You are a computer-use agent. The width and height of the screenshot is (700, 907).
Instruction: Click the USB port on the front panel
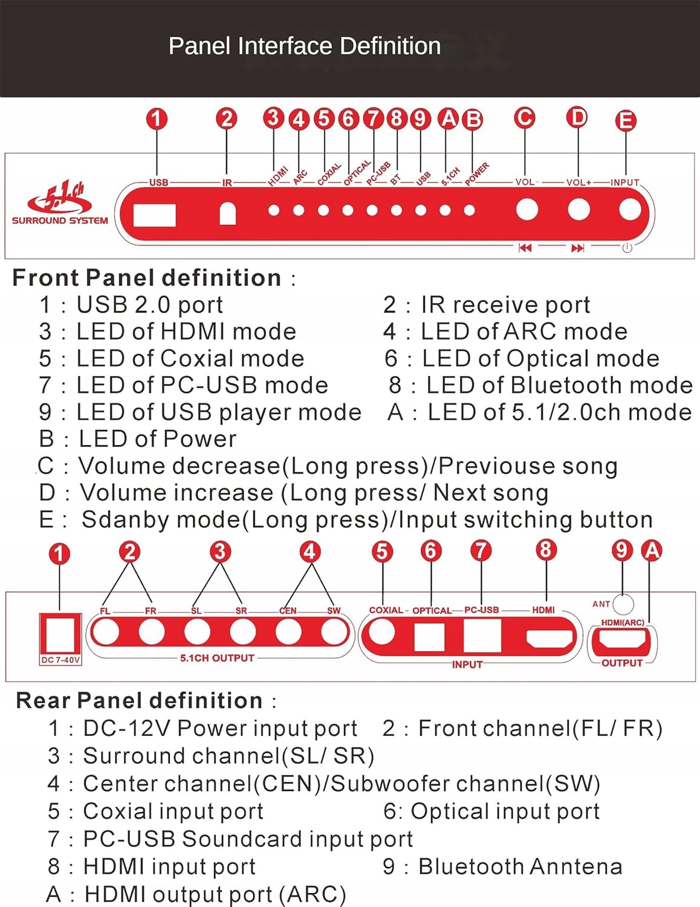tap(154, 215)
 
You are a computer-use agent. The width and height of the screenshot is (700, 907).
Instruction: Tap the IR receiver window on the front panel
tap(227, 213)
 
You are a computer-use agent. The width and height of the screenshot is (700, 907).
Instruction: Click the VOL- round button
tap(527, 210)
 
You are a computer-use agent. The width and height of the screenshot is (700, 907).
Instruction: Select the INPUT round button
tap(630, 210)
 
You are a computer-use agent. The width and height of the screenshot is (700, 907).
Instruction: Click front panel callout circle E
tap(626, 120)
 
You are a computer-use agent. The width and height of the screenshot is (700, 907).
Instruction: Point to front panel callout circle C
tap(525, 118)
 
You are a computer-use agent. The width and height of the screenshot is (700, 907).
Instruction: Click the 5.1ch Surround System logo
tap(60, 203)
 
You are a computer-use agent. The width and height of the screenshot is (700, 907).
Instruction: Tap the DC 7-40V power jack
tap(60, 634)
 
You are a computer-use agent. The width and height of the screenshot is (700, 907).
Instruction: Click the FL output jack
tap(107, 632)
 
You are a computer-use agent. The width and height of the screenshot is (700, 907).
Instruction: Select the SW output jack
tap(332, 632)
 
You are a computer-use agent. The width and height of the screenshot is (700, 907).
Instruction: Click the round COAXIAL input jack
tap(383, 632)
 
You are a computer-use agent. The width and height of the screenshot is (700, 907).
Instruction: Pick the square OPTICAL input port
tap(430, 637)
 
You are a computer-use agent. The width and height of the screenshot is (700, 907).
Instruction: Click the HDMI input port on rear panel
tap(549, 638)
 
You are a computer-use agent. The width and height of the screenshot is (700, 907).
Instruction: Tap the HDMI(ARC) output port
tap(622, 640)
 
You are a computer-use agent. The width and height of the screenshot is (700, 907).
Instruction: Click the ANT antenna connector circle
tap(623, 603)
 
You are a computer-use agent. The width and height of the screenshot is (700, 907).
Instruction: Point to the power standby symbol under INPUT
tap(627, 248)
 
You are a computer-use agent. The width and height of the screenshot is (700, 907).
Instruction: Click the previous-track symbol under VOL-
tap(525, 248)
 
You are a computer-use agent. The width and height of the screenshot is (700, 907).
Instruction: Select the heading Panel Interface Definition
tap(304, 46)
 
